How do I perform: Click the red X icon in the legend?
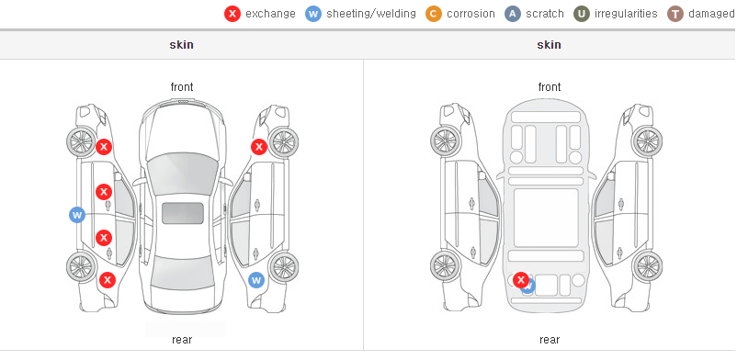(x=232, y=14)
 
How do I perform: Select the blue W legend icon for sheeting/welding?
(x=313, y=14)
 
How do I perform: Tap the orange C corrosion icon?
(x=434, y=14)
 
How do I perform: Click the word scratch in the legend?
(x=545, y=14)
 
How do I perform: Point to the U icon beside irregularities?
(x=582, y=14)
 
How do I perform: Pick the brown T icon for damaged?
(x=675, y=14)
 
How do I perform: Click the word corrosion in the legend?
(x=471, y=14)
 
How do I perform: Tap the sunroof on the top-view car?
(x=183, y=213)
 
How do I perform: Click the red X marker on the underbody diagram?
(x=520, y=280)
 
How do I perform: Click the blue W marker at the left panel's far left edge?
(x=77, y=215)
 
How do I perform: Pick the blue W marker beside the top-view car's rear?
(x=256, y=280)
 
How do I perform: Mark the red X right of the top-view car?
(x=259, y=147)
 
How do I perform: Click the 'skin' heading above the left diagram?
(x=181, y=45)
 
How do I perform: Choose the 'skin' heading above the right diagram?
(x=549, y=45)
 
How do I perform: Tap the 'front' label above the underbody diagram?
(x=550, y=87)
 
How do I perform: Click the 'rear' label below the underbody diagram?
(x=550, y=339)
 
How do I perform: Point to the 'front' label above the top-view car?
(x=182, y=87)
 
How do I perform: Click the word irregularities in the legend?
(x=626, y=14)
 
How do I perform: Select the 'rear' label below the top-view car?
(x=182, y=339)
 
